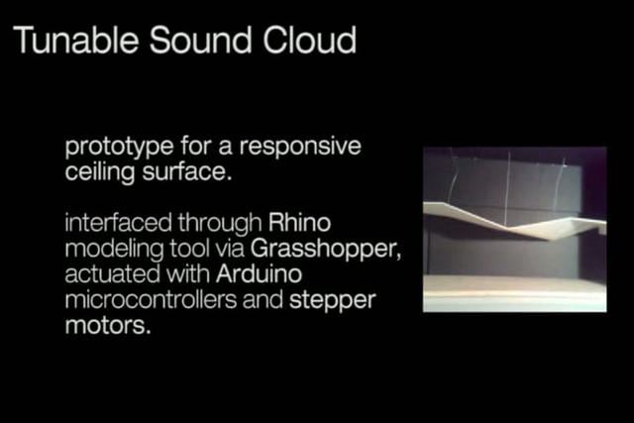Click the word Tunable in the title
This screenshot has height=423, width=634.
(x=75, y=40)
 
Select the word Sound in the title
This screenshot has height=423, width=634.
(x=200, y=40)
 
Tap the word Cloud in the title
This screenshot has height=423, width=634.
(x=310, y=40)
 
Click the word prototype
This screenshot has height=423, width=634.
(x=119, y=148)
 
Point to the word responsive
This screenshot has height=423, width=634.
(x=300, y=148)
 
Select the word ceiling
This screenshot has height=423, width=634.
(x=99, y=171)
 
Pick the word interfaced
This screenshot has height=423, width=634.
(x=117, y=223)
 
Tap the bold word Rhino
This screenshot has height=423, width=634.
(x=299, y=223)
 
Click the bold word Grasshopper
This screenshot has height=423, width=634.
(x=326, y=249)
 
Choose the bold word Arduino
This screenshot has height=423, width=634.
(x=259, y=273)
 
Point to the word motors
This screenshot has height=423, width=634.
(x=108, y=326)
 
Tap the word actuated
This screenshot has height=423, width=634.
(x=112, y=273)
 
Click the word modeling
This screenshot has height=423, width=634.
(x=114, y=249)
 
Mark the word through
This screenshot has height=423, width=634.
(x=220, y=223)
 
